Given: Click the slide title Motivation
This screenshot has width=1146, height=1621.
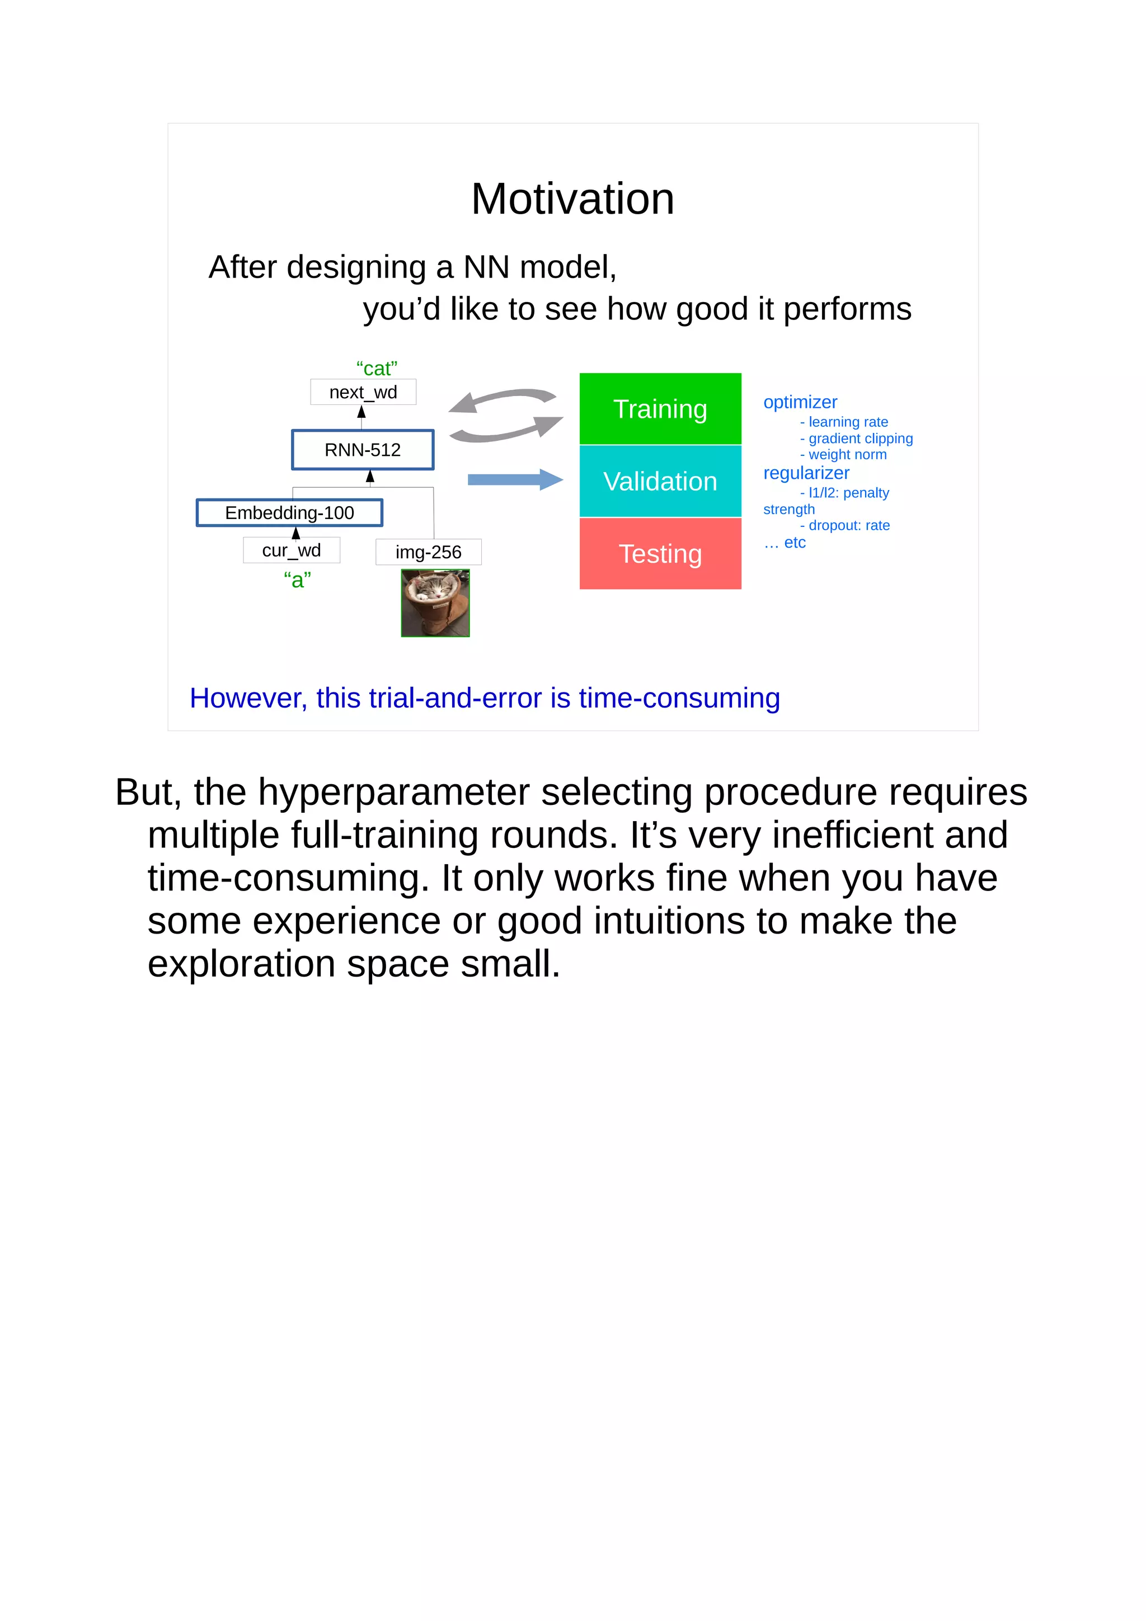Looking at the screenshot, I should click(x=572, y=199).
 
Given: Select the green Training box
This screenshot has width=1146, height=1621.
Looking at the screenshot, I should click(x=660, y=409).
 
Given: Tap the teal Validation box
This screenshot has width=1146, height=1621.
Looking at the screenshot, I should click(x=660, y=482).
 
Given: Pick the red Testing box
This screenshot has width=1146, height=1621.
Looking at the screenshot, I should click(x=660, y=554).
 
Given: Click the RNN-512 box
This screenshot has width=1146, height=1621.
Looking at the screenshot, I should click(x=362, y=450).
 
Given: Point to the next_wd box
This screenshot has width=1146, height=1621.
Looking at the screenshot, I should click(x=363, y=393).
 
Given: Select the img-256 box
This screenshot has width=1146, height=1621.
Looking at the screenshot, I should click(x=428, y=552).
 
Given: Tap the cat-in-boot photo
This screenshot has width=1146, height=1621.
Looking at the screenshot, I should click(x=435, y=604).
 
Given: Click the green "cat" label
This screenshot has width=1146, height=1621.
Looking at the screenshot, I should click(x=377, y=369).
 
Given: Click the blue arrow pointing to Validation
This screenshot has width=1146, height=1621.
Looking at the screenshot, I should click(x=515, y=480).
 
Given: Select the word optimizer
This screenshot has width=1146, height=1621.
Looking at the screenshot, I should click(x=800, y=402).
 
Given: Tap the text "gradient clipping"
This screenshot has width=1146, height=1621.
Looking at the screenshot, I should click(x=860, y=439).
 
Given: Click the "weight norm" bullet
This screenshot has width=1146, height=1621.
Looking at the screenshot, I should click(x=847, y=455).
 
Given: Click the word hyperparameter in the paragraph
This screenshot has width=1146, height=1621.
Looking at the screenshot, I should click(x=393, y=792).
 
